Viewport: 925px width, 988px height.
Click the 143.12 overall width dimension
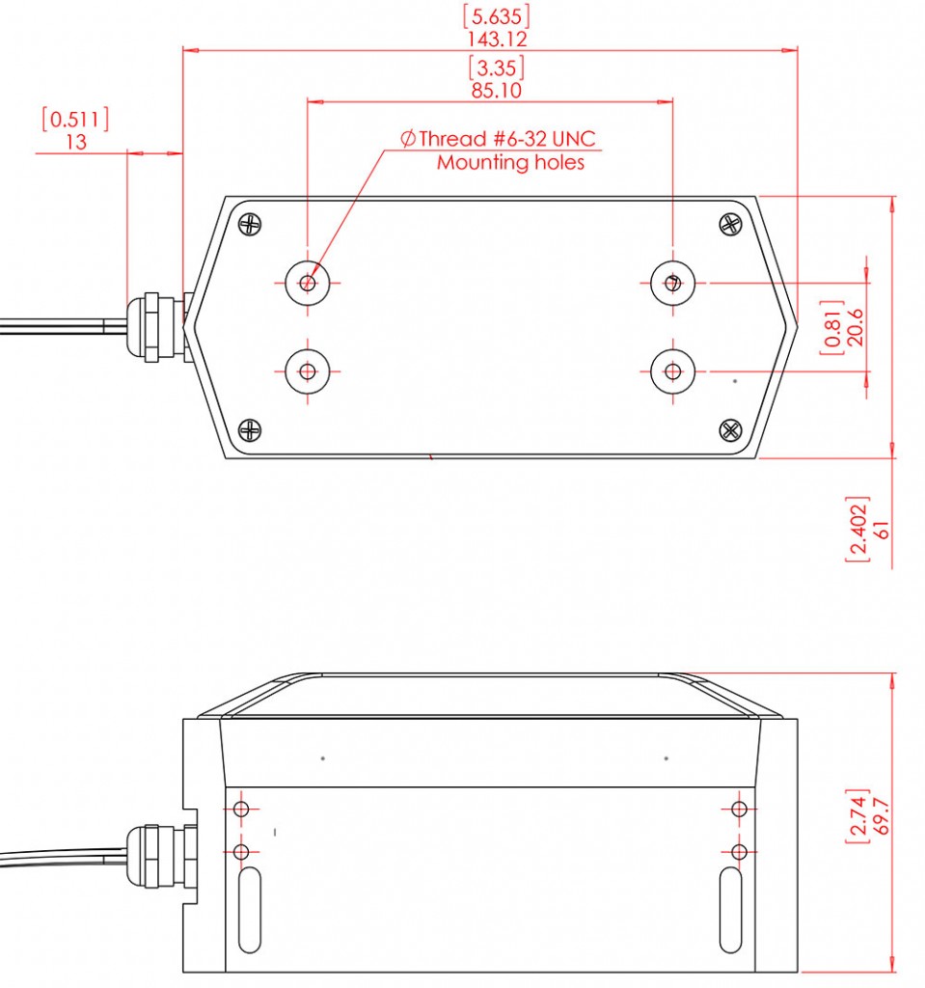point(497,40)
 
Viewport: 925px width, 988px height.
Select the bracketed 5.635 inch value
point(497,16)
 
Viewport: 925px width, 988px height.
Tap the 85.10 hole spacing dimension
point(497,91)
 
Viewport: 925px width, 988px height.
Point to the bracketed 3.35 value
point(497,68)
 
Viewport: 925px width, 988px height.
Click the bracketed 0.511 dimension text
point(75,119)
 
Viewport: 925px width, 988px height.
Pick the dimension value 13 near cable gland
point(76,142)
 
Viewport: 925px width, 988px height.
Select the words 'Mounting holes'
point(510,162)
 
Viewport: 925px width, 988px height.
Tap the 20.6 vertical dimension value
point(854,327)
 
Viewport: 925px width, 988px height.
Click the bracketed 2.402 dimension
point(857,531)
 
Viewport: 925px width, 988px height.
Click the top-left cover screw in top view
point(251,224)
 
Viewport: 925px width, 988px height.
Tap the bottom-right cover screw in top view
point(730,429)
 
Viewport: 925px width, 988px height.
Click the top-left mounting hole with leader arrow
point(308,283)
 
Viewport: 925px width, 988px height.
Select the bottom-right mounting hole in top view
point(672,370)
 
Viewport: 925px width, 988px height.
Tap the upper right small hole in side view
point(740,809)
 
